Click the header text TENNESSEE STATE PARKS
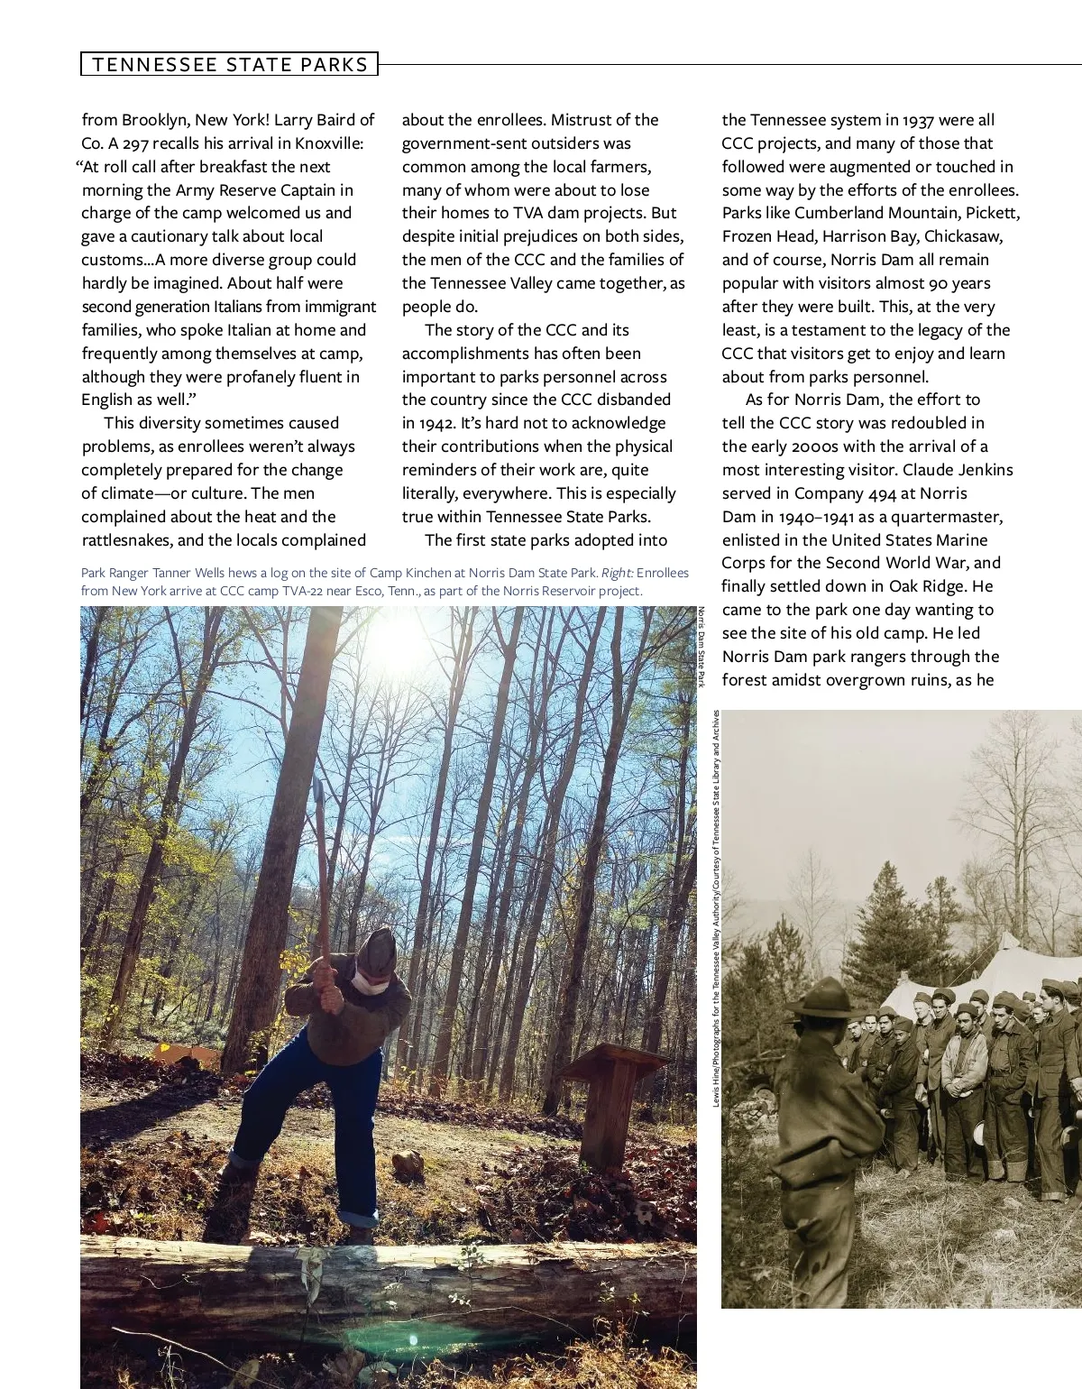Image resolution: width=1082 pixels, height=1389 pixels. [x=230, y=64]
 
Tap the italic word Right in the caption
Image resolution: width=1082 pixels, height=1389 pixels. [x=618, y=573]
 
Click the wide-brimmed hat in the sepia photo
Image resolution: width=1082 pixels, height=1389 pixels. [x=820, y=997]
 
